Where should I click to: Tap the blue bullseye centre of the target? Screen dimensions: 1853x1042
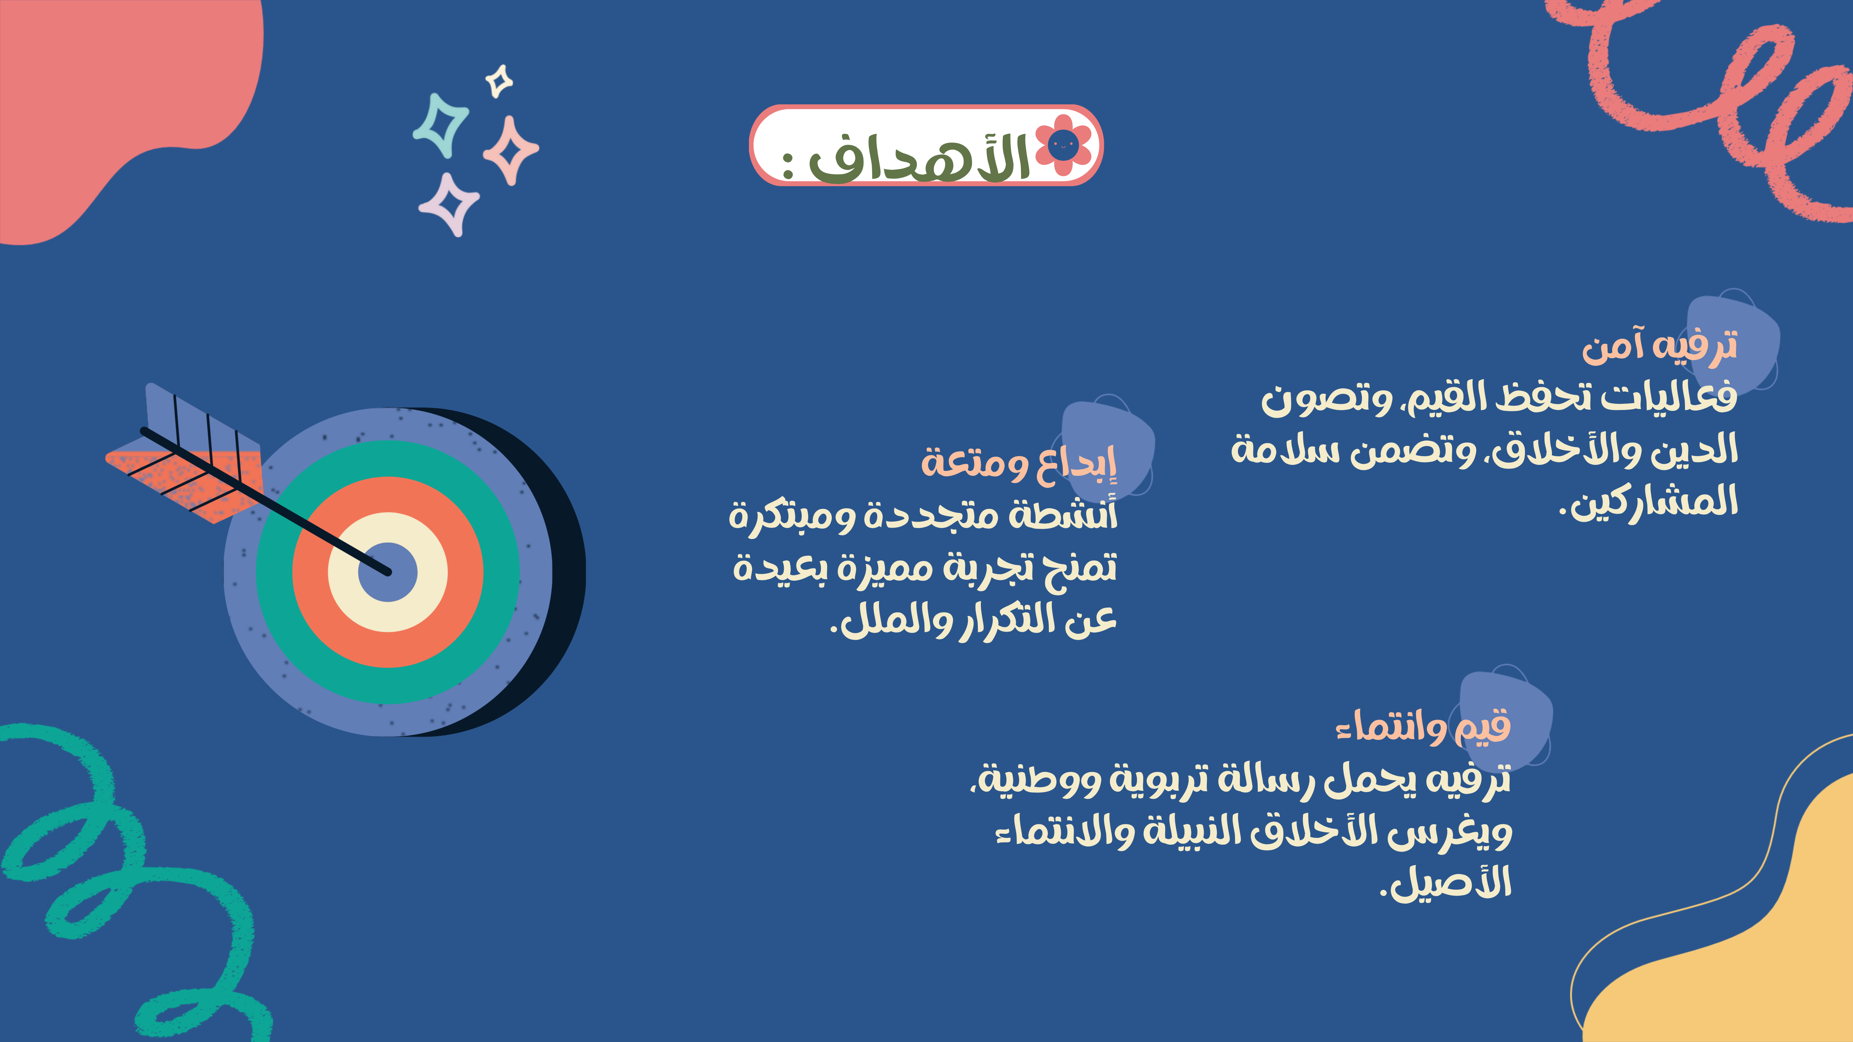pyautogui.click(x=388, y=572)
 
